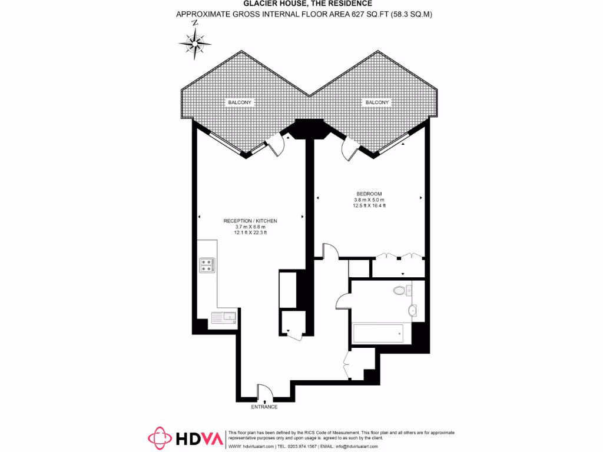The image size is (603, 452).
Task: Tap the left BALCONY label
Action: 240,102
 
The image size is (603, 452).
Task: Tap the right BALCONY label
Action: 377,102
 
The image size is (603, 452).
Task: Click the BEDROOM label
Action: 369,194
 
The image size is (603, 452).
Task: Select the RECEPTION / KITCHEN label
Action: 250,221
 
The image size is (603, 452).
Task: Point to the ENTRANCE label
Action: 264,407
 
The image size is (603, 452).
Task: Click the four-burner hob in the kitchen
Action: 207,265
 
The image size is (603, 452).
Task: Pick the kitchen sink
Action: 224,317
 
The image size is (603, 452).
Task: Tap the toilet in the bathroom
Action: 400,290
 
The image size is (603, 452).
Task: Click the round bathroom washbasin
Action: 412,310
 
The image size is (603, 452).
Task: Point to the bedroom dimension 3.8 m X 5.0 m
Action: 369,200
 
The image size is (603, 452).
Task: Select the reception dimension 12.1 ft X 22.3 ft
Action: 250,232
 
